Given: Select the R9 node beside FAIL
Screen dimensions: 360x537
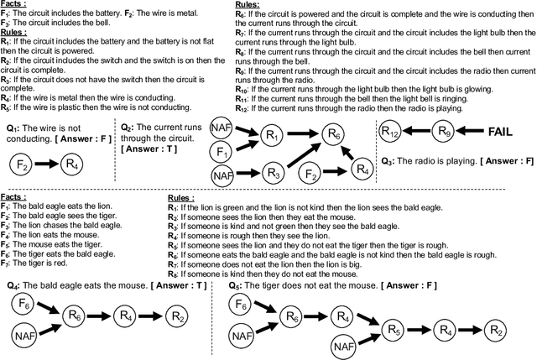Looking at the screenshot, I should (x=446, y=132).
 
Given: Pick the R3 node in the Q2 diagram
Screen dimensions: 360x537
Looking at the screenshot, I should (x=271, y=174).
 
